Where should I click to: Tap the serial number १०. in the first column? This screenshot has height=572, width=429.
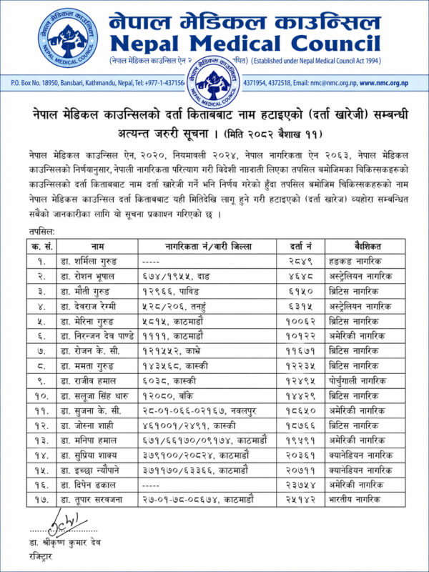pyautogui.click(x=42, y=395)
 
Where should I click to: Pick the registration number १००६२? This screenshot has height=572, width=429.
pyautogui.click(x=302, y=320)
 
